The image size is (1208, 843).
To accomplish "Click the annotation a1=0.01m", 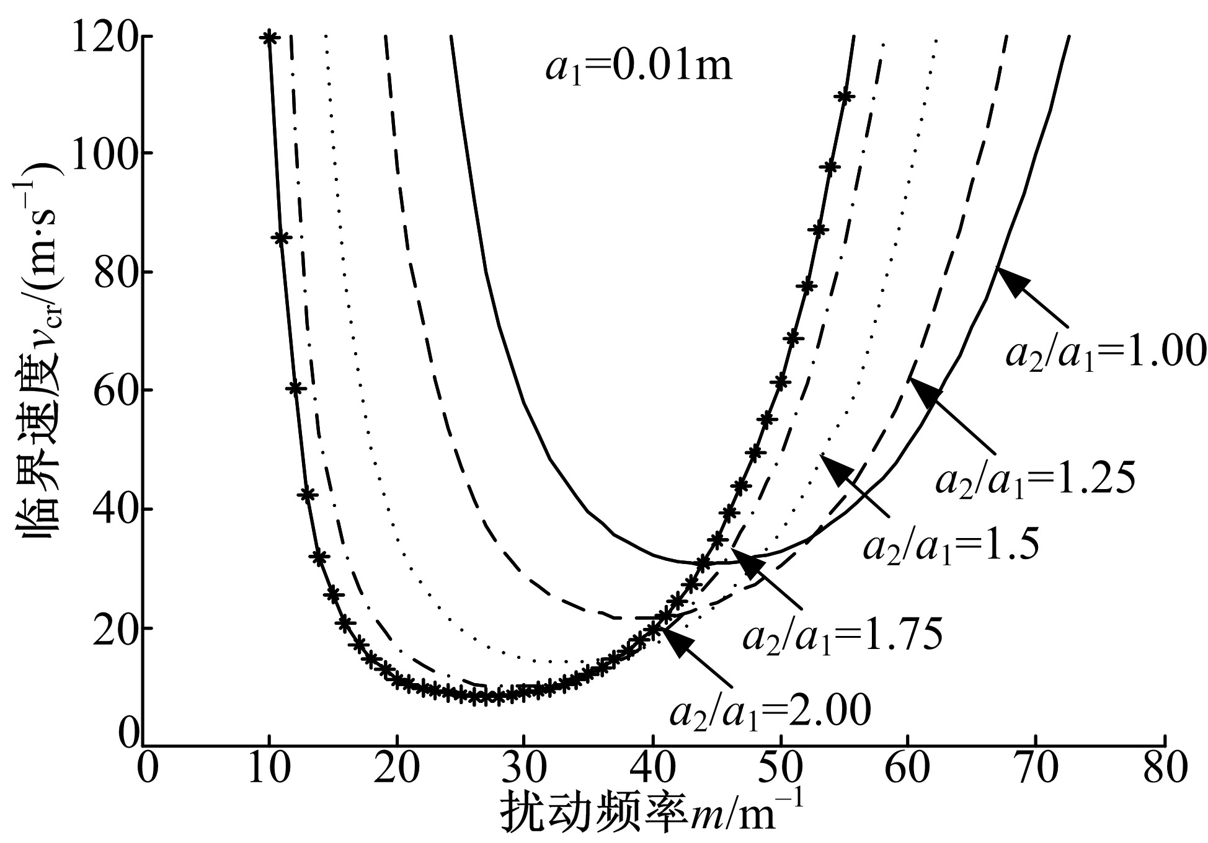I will pos(639,67).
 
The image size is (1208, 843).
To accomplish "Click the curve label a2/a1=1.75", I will pos(842,634).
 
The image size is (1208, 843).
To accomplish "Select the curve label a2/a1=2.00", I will pos(770,712).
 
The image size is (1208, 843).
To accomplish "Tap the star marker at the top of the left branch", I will pos(269,38).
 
